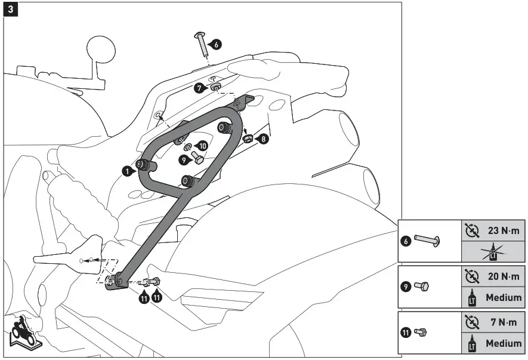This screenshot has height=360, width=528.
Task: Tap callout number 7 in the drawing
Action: pos(200,88)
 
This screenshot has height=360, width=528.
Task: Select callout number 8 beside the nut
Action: pos(263,139)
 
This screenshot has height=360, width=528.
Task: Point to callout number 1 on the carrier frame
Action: pos(126,171)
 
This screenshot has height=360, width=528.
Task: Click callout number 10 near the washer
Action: pos(203,146)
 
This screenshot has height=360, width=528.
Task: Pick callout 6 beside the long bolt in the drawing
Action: pos(216,44)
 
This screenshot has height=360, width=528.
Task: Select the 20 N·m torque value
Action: pos(501,276)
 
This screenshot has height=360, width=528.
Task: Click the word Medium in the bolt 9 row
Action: pos(503,297)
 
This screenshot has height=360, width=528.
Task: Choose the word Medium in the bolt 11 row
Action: pos(503,343)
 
